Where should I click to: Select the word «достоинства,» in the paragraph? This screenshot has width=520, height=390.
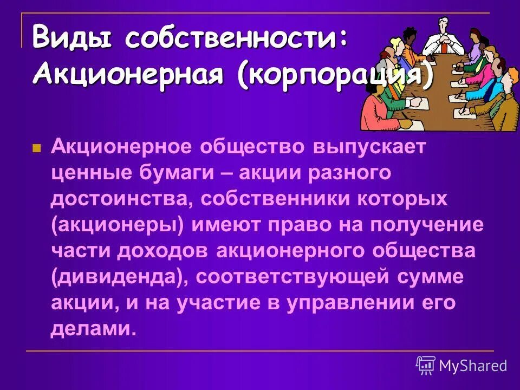120,199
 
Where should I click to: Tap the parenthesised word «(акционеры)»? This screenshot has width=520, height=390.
120,224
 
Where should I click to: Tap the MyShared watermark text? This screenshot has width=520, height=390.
473,366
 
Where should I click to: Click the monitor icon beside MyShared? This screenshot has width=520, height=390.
426,366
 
